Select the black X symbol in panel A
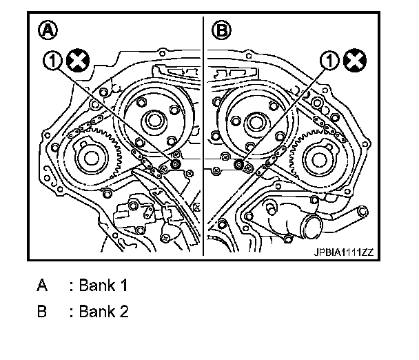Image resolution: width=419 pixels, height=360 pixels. pos(77,61)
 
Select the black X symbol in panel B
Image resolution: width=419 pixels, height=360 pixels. pos(356,61)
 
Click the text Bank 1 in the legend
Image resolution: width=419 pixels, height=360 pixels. pos(103,285)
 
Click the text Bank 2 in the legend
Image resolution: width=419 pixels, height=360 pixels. pos(103,311)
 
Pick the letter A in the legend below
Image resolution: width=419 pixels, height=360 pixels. pos(43,285)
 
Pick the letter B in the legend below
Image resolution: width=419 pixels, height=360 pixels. pos(43,311)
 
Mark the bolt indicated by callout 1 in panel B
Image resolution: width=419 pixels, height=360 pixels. pos(238,164)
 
